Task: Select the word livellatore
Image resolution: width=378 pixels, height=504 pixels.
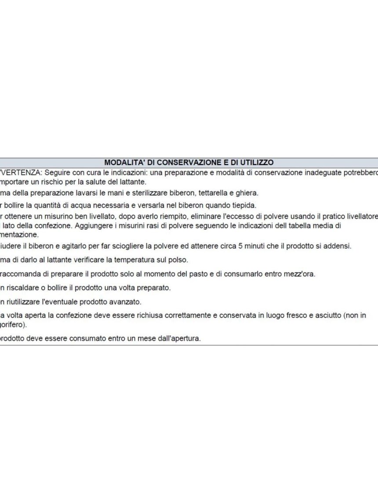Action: click(360, 217)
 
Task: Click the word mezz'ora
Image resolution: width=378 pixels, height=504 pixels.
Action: click(300, 274)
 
